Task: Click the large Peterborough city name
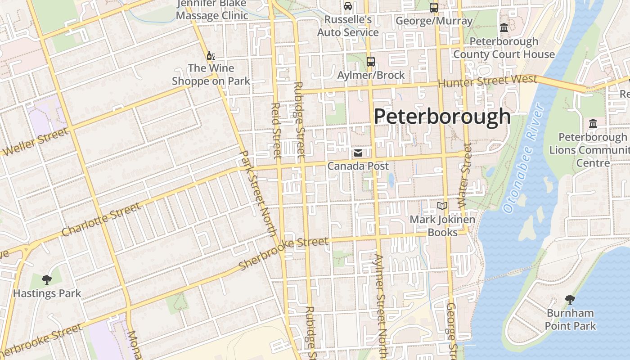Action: click(x=442, y=116)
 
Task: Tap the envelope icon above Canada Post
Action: click(x=358, y=153)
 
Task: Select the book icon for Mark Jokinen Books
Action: click(x=442, y=206)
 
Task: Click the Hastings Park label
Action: click(x=47, y=293)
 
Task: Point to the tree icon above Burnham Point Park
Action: click(x=570, y=299)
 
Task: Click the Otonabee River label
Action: click(x=524, y=158)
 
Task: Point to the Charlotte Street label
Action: click(x=101, y=220)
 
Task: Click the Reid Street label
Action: click(x=276, y=131)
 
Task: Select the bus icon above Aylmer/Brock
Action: click(x=371, y=62)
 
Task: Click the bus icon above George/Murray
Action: click(x=434, y=7)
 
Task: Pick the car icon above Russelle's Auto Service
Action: click(x=348, y=6)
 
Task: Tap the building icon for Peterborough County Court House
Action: click(x=504, y=28)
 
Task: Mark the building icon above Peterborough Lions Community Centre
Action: click(x=593, y=123)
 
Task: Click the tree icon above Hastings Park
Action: click(x=46, y=280)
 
